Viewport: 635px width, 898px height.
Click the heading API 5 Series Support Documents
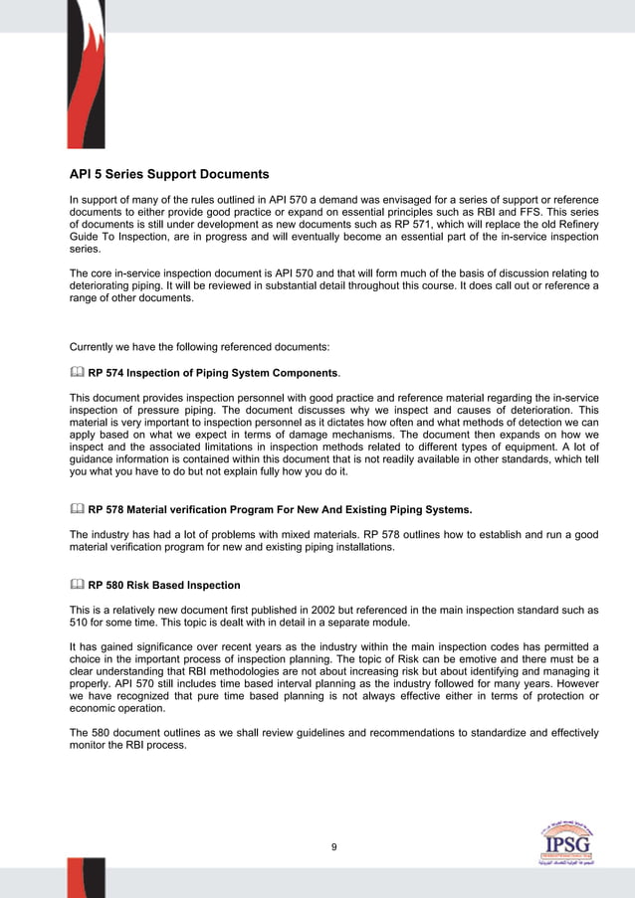[168, 175]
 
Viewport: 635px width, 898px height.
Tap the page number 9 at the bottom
[334, 846]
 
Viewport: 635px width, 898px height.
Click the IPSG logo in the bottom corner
[567, 847]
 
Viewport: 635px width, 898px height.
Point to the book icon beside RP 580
[77, 584]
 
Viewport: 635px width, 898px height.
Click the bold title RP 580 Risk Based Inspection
[164, 585]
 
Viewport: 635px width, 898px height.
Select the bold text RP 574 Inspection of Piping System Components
[213, 374]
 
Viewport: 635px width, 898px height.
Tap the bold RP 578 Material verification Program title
[280, 510]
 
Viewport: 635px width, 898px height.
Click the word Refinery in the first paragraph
[576, 226]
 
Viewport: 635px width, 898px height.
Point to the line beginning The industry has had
[333, 535]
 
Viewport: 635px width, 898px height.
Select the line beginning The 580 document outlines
[333, 733]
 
